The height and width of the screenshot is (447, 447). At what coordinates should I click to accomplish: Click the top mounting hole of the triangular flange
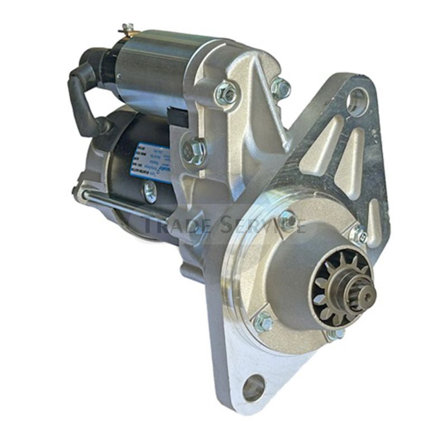(x=357, y=102)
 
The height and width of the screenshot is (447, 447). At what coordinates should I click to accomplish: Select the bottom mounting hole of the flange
(x=254, y=388)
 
